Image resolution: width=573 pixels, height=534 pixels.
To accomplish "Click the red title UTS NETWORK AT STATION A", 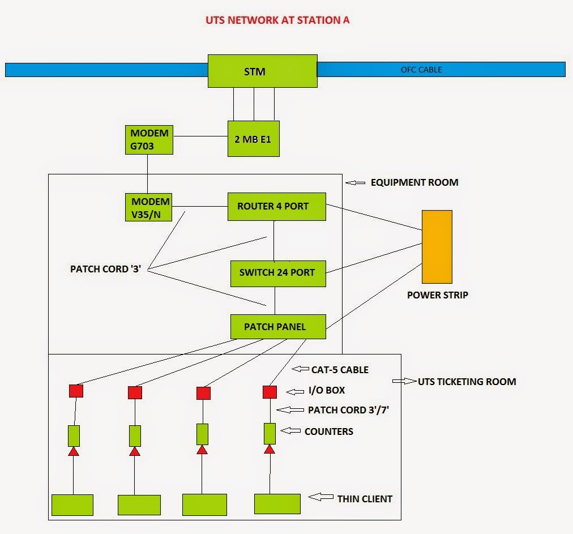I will pyautogui.click(x=277, y=20).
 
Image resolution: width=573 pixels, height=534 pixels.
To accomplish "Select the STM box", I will pyautogui.click(x=262, y=71).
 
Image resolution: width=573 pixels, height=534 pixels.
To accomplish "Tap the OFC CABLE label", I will pyautogui.click(x=421, y=70).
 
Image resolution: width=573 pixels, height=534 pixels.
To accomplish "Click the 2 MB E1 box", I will pyautogui.click(x=253, y=138).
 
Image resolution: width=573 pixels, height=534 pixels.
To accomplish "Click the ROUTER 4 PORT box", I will pyautogui.click(x=276, y=206).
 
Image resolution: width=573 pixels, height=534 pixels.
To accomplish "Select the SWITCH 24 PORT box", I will pyautogui.click(x=276, y=272).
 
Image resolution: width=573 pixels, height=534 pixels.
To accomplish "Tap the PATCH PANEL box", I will pyautogui.click(x=277, y=327).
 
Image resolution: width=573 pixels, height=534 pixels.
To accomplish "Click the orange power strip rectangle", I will pyautogui.click(x=437, y=246).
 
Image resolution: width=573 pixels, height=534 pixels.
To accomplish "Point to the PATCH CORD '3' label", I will pyautogui.click(x=105, y=269).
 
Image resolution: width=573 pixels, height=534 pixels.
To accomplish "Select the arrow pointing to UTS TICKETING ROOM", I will pyautogui.click(x=403, y=381).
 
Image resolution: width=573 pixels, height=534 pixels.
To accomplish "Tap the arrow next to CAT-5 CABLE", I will pyautogui.click(x=300, y=369).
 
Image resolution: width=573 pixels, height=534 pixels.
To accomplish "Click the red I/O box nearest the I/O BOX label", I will pyautogui.click(x=270, y=392).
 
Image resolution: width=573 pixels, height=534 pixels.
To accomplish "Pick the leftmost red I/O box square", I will pyautogui.click(x=76, y=391).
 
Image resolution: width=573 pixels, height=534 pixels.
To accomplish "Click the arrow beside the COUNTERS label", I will pyautogui.click(x=290, y=431).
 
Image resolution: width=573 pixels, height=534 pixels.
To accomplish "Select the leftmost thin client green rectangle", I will pyautogui.click(x=72, y=504).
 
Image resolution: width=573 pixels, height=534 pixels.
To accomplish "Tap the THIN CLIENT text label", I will pyautogui.click(x=365, y=499).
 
